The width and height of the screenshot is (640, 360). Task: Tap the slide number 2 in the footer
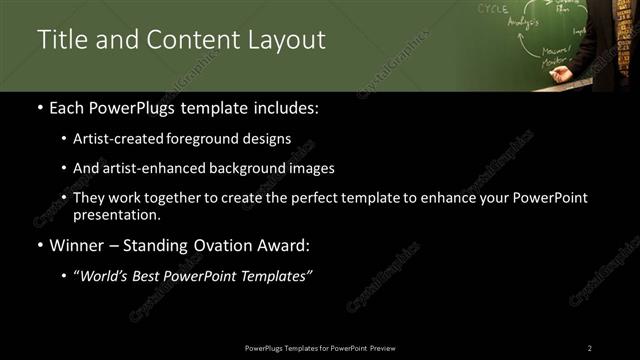(589, 348)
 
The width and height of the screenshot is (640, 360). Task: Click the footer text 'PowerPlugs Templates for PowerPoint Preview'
(319, 348)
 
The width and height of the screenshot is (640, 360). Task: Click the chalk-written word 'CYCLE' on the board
(492, 8)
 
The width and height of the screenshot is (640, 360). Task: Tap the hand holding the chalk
(563, 73)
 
